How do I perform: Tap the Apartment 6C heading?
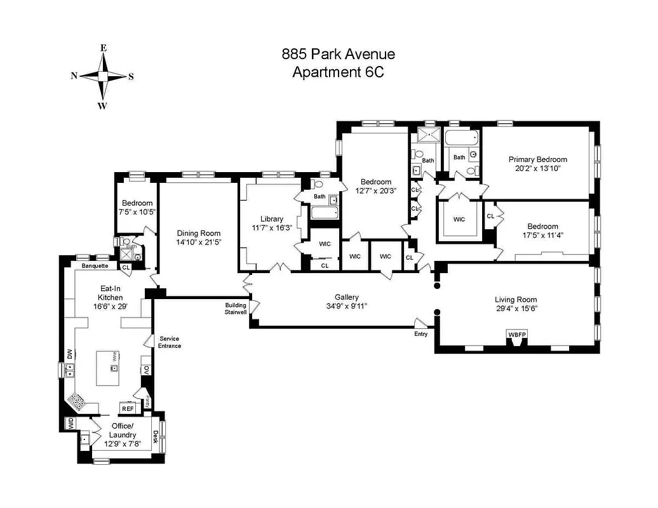point(337,72)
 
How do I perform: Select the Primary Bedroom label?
point(537,159)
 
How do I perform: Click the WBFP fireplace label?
point(515,335)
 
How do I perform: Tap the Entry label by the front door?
point(420,334)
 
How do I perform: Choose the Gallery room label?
point(347,297)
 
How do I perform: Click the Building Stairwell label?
point(235,309)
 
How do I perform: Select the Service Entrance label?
point(170,342)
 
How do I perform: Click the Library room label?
point(271,219)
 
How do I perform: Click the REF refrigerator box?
point(128,408)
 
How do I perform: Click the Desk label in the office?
point(156,436)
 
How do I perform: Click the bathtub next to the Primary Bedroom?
point(460,138)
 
